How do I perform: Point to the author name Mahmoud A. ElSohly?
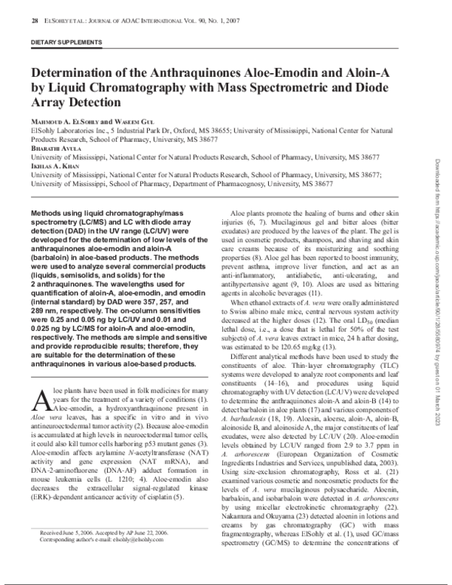[63, 121]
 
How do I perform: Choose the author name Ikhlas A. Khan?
[53, 166]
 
